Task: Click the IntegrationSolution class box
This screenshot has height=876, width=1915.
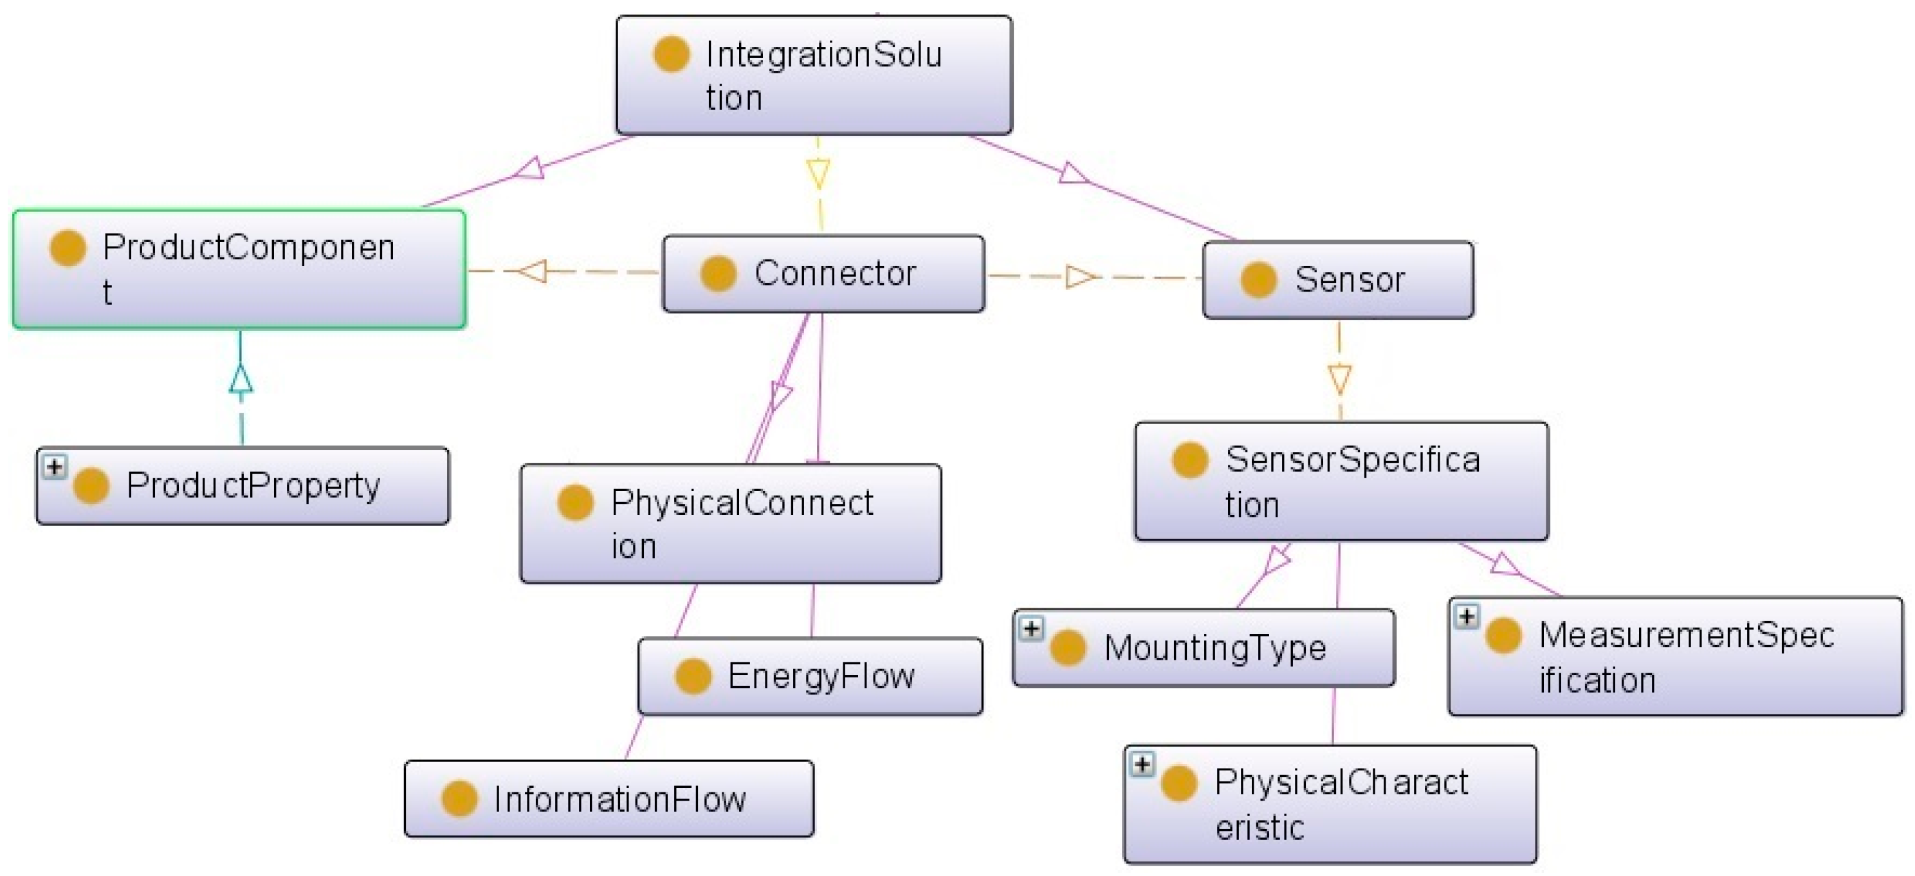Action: pyautogui.click(x=813, y=75)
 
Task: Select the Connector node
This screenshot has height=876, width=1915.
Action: pyautogui.click(x=823, y=274)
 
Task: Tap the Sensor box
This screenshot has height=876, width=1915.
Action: pyautogui.click(x=1337, y=279)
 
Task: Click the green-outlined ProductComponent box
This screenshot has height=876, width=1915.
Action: pyautogui.click(x=239, y=268)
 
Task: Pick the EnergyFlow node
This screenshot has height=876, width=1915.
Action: pyautogui.click(x=810, y=676)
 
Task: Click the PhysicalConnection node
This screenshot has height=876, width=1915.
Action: pyautogui.click(x=730, y=523)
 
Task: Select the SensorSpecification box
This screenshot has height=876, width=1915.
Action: pyautogui.click(x=1341, y=481)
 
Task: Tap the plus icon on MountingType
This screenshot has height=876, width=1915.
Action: pyautogui.click(x=1031, y=628)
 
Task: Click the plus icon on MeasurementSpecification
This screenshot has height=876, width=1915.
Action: pyautogui.click(x=1466, y=617)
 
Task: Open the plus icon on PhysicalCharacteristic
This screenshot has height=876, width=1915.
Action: pyautogui.click(x=1142, y=764)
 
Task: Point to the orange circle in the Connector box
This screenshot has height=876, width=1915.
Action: pyautogui.click(x=717, y=274)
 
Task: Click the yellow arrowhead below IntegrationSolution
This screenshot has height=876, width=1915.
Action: pyautogui.click(x=818, y=174)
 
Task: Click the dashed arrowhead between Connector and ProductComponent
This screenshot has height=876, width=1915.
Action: pyautogui.click(x=533, y=271)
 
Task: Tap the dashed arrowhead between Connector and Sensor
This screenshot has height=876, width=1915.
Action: pyautogui.click(x=1079, y=277)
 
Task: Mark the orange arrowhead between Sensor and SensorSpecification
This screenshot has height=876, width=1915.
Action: pyautogui.click(x=1339, y=378)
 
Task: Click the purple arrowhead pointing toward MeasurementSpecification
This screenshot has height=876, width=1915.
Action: pyautogui.click(x=1506, y=564)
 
